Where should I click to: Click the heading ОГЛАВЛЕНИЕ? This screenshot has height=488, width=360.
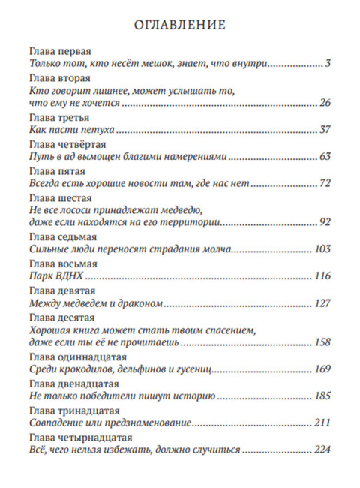point(179,24)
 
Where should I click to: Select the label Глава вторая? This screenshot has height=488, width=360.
point(59,78)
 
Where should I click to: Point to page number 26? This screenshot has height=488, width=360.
point(324,103)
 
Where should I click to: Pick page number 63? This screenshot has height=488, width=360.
point(324,157)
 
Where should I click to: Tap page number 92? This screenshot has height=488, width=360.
point(324,222)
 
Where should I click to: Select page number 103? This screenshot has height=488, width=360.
point(322,249)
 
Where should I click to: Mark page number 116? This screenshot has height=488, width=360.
point(322,276)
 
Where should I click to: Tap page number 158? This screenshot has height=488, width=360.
point(322,342)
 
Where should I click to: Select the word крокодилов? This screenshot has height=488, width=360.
point(85,369)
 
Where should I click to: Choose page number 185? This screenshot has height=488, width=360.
point(322,396)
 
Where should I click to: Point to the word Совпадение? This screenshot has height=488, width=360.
point(57,423)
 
